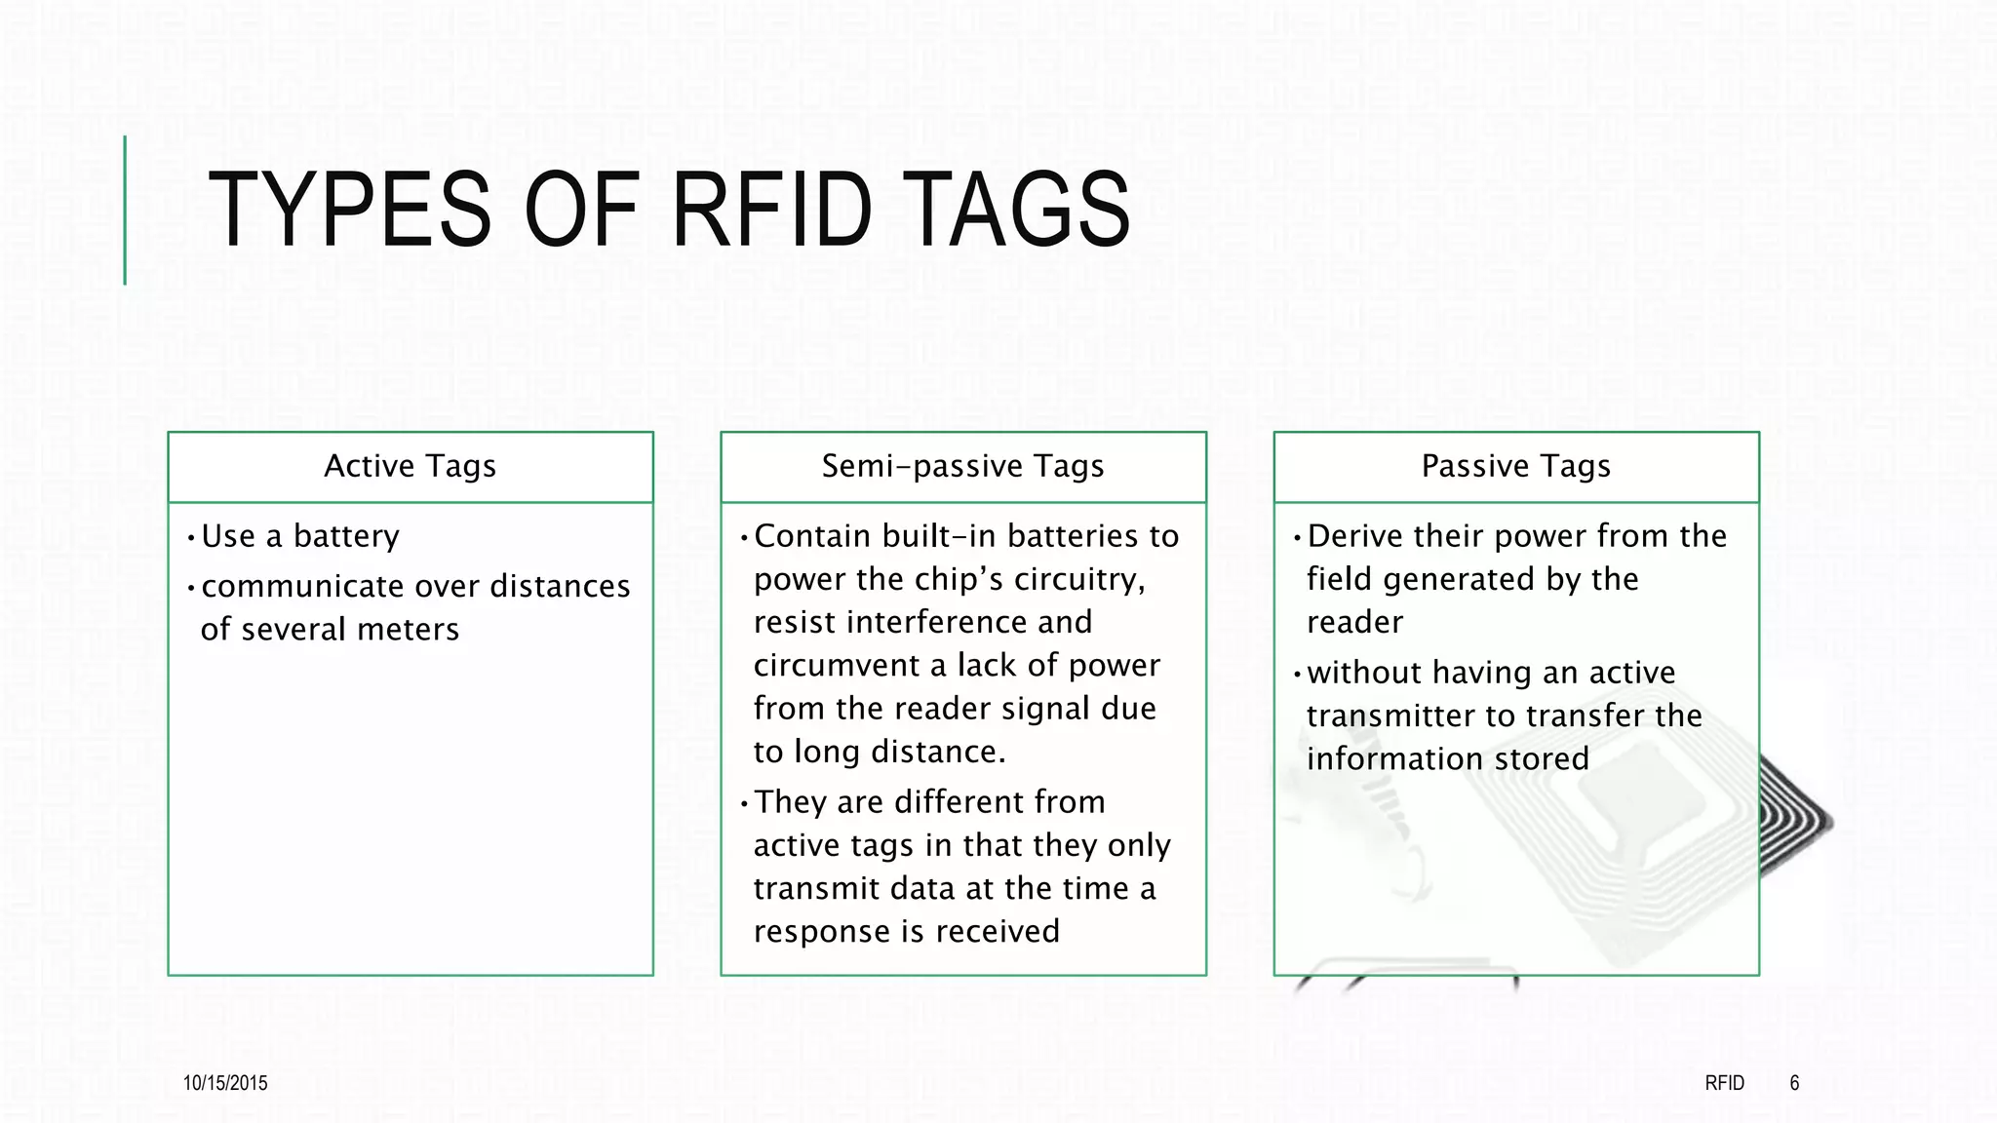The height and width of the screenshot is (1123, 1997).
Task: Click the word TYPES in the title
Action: point(349,210)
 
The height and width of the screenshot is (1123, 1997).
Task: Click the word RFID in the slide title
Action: point(771,210)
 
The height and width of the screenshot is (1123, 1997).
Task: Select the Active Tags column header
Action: point(410,467)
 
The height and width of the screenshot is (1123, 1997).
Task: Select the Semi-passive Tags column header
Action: point(962,467)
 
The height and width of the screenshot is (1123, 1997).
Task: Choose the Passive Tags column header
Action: point(1515,467)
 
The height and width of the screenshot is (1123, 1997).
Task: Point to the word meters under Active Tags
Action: point(408,630)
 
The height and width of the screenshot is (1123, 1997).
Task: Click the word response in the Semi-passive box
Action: point(822,932)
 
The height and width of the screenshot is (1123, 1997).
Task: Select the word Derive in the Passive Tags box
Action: point(1353,536)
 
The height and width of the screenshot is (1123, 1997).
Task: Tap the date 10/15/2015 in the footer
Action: point(225,1083)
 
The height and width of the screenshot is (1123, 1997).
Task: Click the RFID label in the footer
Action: point(1724,1083)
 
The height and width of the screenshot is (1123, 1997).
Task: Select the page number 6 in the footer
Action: point(1794,1083)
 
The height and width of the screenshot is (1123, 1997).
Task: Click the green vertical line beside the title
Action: point(125,210)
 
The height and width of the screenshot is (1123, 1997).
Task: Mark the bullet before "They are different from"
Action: point(744,804)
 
